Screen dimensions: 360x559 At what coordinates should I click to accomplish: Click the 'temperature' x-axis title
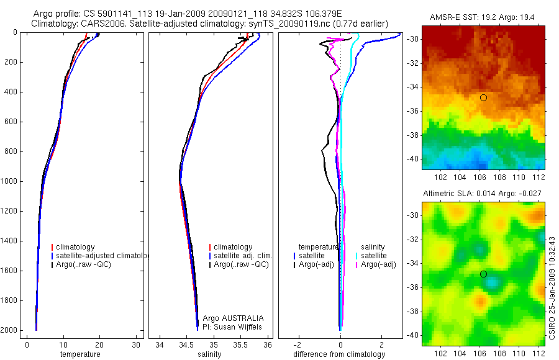80,354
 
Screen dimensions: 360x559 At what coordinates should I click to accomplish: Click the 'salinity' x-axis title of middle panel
209,354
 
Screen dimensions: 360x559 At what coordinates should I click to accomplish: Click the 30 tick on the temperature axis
135,344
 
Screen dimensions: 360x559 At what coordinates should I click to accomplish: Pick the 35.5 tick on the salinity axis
241,344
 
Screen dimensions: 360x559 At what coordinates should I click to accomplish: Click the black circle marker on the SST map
483,98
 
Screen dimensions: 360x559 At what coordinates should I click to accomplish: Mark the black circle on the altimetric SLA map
483,274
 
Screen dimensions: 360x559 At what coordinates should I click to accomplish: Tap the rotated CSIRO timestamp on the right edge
552,273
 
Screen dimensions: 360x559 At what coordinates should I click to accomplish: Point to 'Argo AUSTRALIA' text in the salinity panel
234,318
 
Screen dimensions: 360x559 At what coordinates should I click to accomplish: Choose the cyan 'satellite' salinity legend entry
373,256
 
